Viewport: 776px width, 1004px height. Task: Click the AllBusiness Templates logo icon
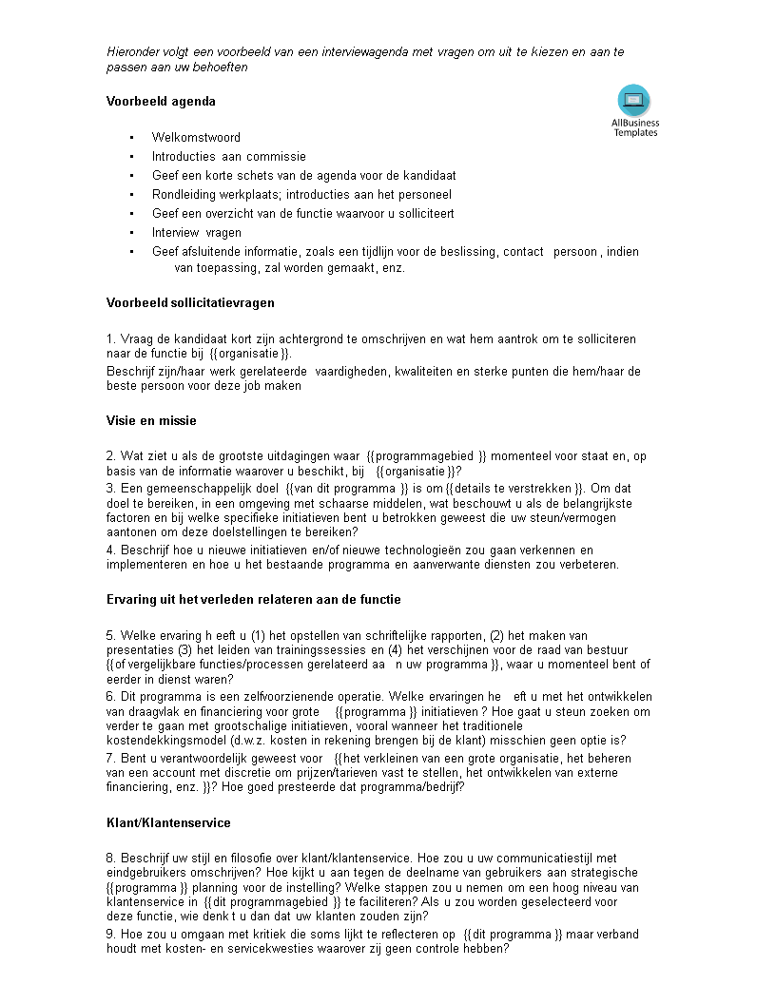634,101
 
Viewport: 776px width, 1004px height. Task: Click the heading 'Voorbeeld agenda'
161,101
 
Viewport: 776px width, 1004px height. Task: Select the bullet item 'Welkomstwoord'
196,137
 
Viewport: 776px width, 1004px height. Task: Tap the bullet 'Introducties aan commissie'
228,156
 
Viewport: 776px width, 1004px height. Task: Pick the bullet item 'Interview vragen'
196,232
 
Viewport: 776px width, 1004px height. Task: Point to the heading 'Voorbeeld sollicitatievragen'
190,302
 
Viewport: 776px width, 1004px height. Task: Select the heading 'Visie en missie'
151,420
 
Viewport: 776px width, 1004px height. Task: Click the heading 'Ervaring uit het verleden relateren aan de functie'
253,599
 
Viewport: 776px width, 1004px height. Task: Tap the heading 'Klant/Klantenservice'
168,822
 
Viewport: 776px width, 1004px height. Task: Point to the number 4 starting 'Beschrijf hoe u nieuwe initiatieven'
110,550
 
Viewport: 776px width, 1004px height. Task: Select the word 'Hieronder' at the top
134,51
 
